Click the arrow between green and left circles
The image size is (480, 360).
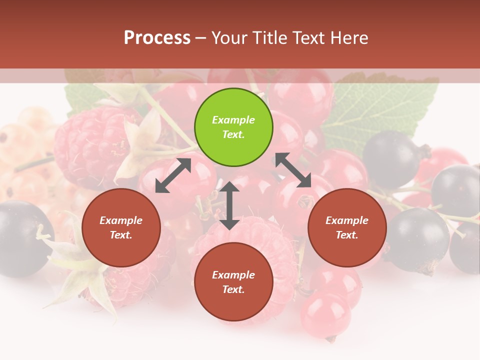(173, 175)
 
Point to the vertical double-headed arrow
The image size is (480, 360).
(229, 205)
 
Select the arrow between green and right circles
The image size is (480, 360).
(293, 170)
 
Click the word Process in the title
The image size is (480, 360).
(157, 38)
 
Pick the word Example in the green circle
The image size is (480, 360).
(233, 120)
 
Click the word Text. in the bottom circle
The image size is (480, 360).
(233, 289)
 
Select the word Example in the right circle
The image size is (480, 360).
(347, 220)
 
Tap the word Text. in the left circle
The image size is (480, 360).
(121, 235)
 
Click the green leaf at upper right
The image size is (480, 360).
(380, 110)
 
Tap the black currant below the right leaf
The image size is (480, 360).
(392, 157)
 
